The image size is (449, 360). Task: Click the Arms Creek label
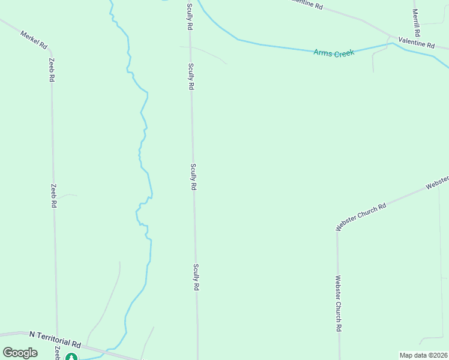(334, 53)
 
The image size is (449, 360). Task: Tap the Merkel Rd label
(34, 40)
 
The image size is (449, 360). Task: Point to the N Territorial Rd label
(55, 340)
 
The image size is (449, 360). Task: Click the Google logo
(20, 353)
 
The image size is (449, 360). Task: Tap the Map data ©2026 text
(423, 355)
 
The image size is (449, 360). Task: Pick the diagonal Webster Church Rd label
(361, 217)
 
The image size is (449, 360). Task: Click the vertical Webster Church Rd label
(339, 304)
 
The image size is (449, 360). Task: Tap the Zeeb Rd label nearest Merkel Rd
(52, 70)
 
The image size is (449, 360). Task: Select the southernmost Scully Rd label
(196, 278)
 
